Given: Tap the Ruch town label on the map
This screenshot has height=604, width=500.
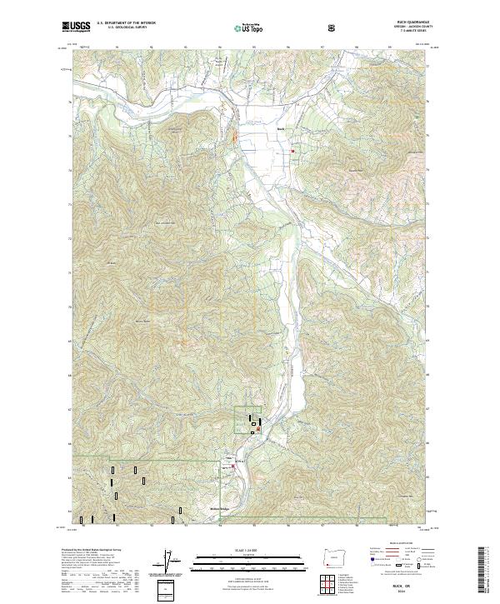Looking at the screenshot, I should (281, 130).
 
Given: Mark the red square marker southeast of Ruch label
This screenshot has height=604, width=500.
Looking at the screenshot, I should (292, 150).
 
